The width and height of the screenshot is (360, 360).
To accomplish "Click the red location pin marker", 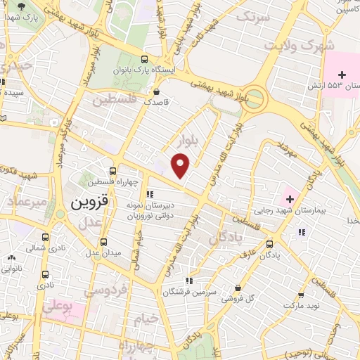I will [x=181, y=166].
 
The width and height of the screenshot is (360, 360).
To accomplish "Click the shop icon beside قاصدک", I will [x=155, y=91].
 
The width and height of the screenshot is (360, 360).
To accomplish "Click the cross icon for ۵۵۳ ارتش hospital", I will [x=342, y=74].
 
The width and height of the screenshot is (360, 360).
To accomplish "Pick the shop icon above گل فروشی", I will [x=239, y=288].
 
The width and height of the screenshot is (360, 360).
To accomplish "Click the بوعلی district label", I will [x=58, y=307].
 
